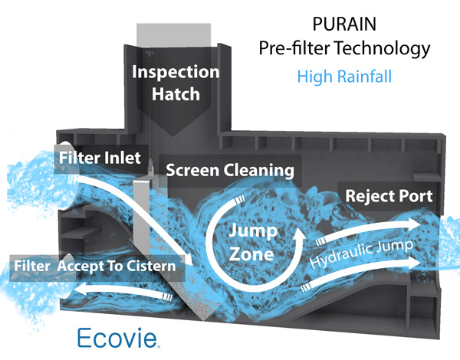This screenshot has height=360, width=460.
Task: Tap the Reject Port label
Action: point(389,195)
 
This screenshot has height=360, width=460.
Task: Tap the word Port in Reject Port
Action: point(415,195)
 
